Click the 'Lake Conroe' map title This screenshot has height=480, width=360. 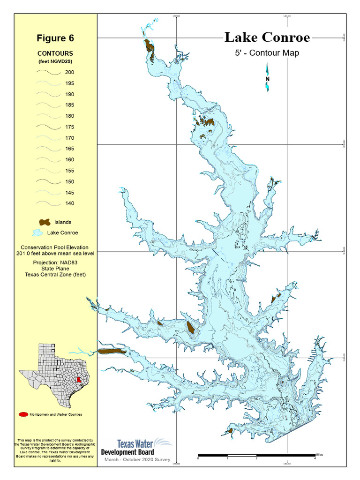click(x=267, y=37)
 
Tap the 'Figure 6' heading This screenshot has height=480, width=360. click(x=55, y=38)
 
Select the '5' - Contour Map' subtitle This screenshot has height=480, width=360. click(x=267, y=53)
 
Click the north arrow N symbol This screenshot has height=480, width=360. click(x=267, y=79)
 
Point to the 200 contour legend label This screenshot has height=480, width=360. click(x=69, y=73)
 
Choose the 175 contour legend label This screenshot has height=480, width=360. click(x=69, y=127)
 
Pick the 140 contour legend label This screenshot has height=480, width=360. click(x=69, y=203)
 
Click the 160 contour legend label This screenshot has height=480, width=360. click(x=69, y=160)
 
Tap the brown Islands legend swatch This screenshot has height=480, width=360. click(x=45, y=222)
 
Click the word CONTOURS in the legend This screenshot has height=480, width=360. click(x=55, y=54)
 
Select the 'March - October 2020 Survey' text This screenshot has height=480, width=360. click(x=136, y=460)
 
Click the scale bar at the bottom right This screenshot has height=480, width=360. click(x=256, y=455)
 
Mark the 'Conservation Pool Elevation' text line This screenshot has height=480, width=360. click(x=55, y=247)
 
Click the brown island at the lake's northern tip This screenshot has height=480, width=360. click(x=149, y=46)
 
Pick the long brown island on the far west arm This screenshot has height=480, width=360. click(x=112, y=351)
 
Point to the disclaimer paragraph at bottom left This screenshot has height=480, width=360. click(x=55, y=450)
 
